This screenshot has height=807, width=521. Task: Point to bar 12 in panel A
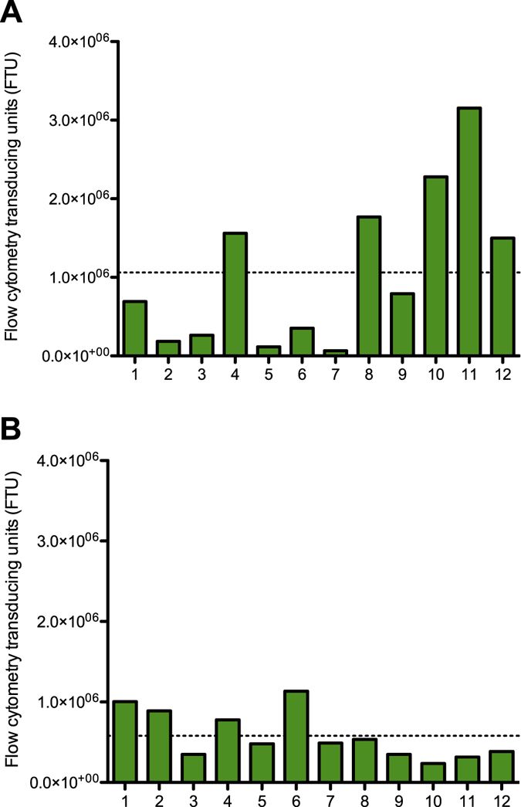pyautogui.click(x=502, y=297)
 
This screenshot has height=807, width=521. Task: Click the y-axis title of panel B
pyautogui.click(x=12, y=622)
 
